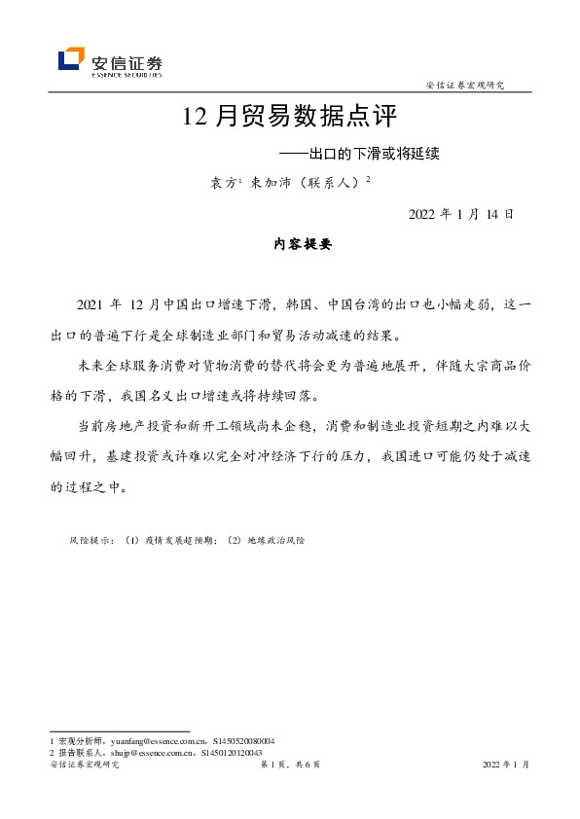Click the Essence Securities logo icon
pyautogui.click(x=71, y=60)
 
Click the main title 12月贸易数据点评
pyautogui.click(x=290, y=119)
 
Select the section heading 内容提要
pyautogui.click(x=290, y=245)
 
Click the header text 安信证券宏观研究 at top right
pyautogui.click(x=465, y=86)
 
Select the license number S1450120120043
pyautogui.click(x=232, y=752)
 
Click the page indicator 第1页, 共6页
pyautogui.click(x=290, y=766)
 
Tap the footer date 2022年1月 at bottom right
pyautogui.click(x=506, y=766)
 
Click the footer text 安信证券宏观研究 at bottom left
pyautogui.click(x=84, y=766)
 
